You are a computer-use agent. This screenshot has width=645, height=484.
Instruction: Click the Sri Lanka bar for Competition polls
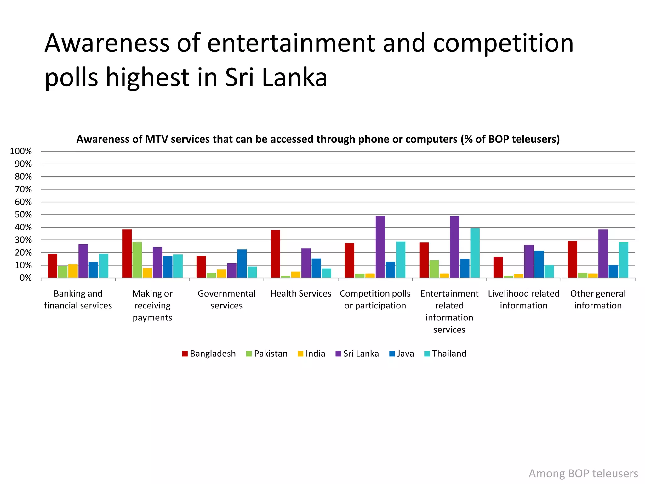380,247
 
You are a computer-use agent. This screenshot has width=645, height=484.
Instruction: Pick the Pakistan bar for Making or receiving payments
137,260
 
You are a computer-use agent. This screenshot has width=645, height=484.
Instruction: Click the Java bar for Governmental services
242,264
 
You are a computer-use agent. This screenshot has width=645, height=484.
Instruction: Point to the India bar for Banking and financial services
73,271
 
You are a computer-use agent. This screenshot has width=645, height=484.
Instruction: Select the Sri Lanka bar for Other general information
603,254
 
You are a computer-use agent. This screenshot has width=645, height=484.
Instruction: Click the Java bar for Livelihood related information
539,264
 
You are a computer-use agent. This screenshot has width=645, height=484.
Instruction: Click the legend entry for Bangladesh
209,354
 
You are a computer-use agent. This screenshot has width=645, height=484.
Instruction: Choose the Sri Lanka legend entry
357,354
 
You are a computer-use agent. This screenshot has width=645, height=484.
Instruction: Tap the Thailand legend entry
445,354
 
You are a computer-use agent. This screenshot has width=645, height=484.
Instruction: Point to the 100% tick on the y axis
21,151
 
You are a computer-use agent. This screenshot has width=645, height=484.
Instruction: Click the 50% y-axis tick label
23,215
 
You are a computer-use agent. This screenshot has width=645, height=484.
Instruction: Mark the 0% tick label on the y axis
26,278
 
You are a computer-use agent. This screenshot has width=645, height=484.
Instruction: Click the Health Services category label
301,293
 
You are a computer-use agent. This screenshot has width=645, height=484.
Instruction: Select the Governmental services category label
226,299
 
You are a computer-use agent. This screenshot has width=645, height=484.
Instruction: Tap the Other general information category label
598,299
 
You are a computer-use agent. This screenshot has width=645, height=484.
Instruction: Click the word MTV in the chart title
156,139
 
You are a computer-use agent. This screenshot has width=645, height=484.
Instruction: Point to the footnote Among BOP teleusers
583,473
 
